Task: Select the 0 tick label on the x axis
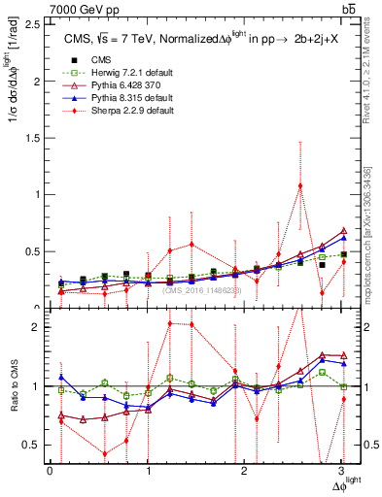click(51, 471)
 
